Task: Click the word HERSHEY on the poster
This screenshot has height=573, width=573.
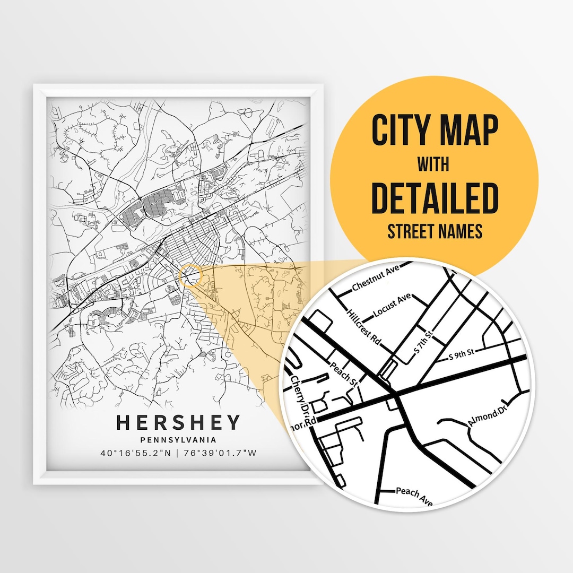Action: (x=178, y=422)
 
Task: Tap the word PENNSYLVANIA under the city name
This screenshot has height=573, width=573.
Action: (x=178, y=439)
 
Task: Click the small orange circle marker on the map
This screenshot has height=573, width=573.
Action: (x=191, y=276)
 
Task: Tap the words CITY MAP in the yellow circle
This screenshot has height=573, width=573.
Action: (x=435, y=130)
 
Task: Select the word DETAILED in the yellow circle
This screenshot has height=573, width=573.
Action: (x=435, y=197)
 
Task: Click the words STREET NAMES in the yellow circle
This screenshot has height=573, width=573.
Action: (x=435, y=232)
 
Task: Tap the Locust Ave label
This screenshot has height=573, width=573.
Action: (x=393, y=306)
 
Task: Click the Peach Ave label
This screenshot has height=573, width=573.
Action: (x=414, y=495)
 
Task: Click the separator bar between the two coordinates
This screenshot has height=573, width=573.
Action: (x=178, y=453)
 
